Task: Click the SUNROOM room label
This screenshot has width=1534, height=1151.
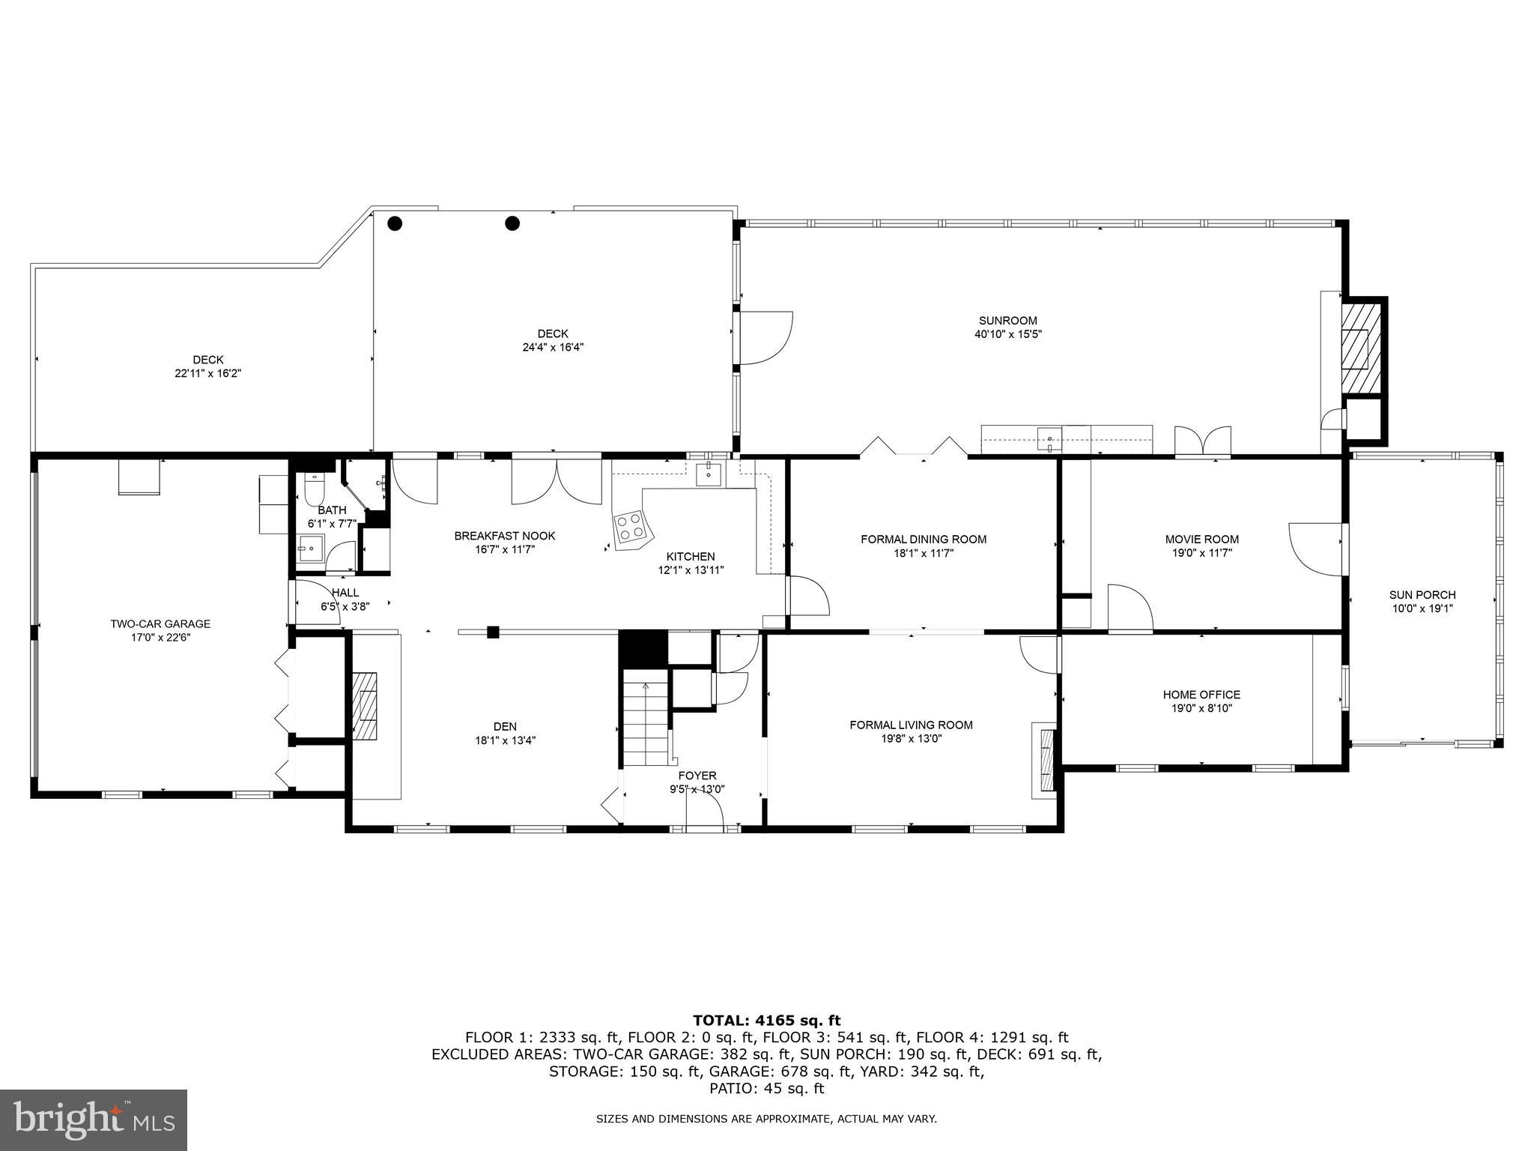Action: (x=1007, y=321)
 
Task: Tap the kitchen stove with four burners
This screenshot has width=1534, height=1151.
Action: (x=631, y=527)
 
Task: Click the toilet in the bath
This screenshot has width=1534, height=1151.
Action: (x=315, y=491)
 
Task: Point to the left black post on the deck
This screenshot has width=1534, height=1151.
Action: (x=395, y=223)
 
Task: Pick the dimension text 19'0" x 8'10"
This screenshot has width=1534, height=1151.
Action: (x=1201, y=708)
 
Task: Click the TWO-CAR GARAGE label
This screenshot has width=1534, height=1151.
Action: (x=160, y=623)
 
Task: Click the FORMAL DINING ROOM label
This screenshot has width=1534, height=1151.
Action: (x=923, y=539)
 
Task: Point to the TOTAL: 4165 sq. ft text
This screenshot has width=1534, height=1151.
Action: (x=766, y=1020)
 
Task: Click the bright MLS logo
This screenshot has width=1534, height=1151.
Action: (x=94, y=1120)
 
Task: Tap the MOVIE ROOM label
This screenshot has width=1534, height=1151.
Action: (x=1201, y=539)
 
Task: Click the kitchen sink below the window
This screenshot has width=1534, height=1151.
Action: (x=708, y=474)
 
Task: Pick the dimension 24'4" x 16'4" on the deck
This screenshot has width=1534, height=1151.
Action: (x=553, y=347)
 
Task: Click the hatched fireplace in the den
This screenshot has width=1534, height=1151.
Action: (x=366, y=706)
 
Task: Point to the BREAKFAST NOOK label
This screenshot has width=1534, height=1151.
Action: (x=505, y=536)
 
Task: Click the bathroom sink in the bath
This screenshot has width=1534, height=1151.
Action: (x=309, y=548)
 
